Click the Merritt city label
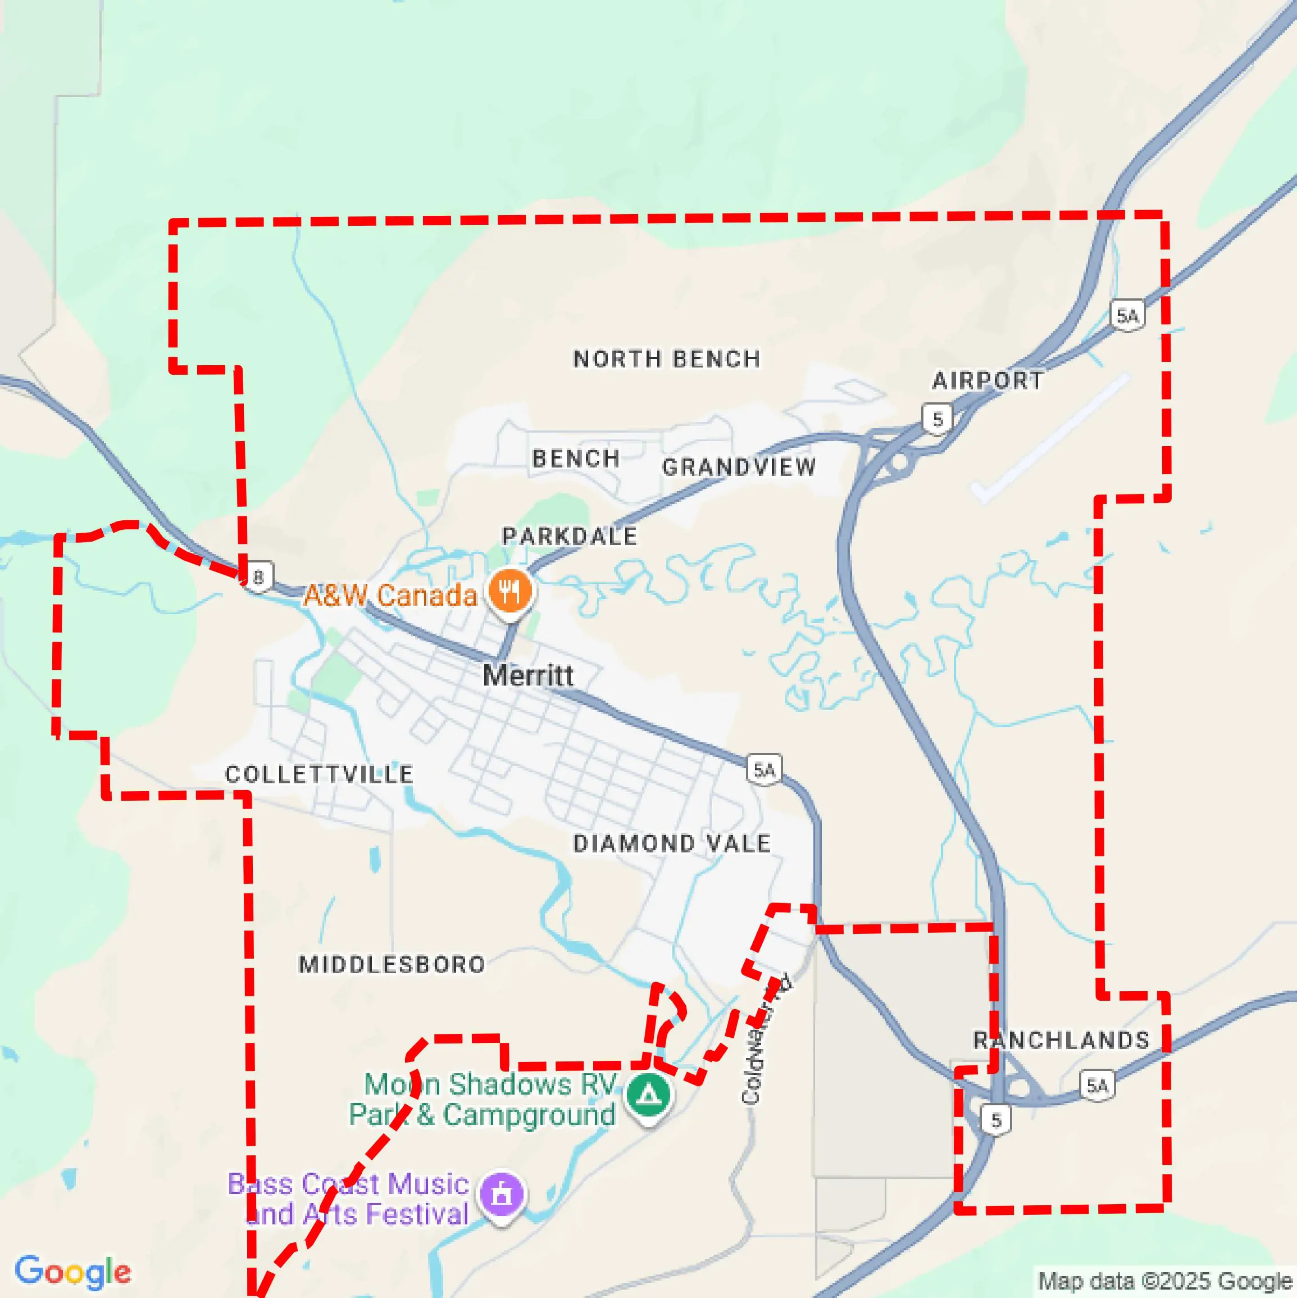pyautogui.click(x=528, y=675)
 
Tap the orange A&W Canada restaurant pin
pyautogui.click(x=511, y=592)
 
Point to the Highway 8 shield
pyautogui.click(x=258, y=577)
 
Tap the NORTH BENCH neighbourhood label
pyautogui.click(x=666, y=358)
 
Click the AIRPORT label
pyautogui.click(x=987, y=381)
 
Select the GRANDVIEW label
pyautogui.click(x=739, y=467)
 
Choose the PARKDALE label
pyautogui.click(x=570, y=536)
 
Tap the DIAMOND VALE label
pyautogui.click(x=672, y=844)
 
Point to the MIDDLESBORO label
pyautogui.click(x=392, y=965)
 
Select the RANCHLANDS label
pyautogui.click(x=1061, y=1041)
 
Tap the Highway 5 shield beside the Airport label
pyautogui.click(x=938, y=419)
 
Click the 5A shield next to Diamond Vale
pyautogui.click(x=764, y=770)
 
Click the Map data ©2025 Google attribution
pyautogui.click(x=1166, y=1281)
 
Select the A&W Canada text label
pyautogui.click(x=390, y=595)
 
